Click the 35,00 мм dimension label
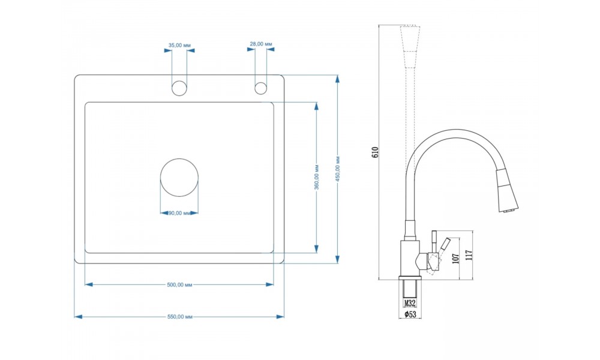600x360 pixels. coord(179,45)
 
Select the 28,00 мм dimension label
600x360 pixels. coord(261,44)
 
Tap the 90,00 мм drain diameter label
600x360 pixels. coord(179,213)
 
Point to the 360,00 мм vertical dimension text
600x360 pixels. coord(317,177)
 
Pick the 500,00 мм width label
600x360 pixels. coord(179,284)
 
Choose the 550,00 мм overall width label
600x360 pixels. coord(180,317)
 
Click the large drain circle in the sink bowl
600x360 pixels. coord(179,178)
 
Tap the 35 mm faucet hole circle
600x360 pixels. coord(179,88)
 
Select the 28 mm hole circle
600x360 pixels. coord(260,88)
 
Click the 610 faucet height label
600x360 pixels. coord(374,152)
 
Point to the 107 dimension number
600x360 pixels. coord(455,258)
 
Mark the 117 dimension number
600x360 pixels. coord(469,255)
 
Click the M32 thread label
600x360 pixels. coord(410,304)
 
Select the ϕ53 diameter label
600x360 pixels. coord(410,314)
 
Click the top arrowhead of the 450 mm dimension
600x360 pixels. coord(337,79)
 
